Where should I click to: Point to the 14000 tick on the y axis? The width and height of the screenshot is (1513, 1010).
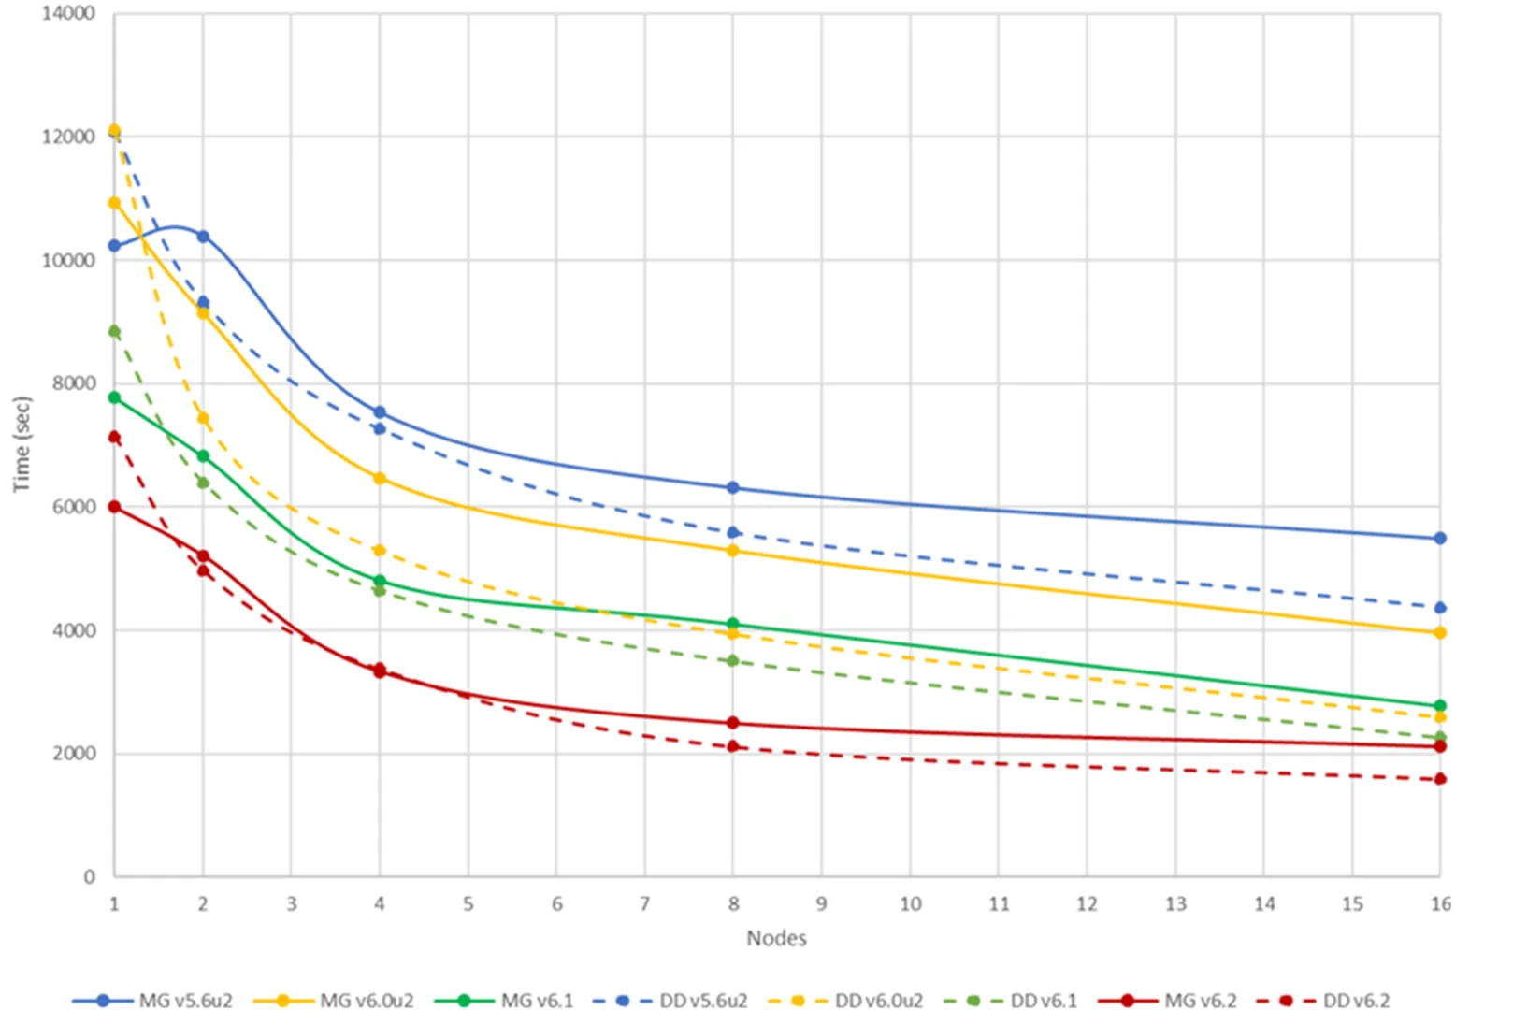(68, 13)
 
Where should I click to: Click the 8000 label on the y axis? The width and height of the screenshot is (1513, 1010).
(74, 383)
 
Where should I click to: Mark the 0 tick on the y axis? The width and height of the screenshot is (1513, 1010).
(89, 877)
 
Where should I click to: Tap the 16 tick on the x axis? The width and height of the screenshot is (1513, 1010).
(1441, 903)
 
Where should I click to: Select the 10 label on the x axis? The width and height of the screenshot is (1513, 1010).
(910, 903)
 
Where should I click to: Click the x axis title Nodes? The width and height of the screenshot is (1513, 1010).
(776, 938)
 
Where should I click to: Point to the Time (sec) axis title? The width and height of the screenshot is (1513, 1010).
(22, 444)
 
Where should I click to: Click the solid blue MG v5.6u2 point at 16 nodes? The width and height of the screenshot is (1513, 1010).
(1440, 539)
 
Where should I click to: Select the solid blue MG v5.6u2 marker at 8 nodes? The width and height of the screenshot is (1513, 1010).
(733, 488)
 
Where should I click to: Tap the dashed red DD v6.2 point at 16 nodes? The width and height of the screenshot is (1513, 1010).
(1440, 779)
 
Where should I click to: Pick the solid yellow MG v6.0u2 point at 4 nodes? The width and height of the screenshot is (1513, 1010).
(380, 479)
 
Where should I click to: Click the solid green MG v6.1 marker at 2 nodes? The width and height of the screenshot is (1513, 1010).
(203, 456)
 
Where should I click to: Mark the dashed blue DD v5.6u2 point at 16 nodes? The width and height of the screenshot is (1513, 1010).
(1440, 608)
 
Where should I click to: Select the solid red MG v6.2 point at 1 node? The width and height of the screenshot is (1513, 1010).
(114, 507)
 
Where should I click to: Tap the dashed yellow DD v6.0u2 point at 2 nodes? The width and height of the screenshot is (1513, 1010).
(203, 418)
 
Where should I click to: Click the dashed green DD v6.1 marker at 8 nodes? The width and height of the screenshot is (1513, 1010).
(733, 661)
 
